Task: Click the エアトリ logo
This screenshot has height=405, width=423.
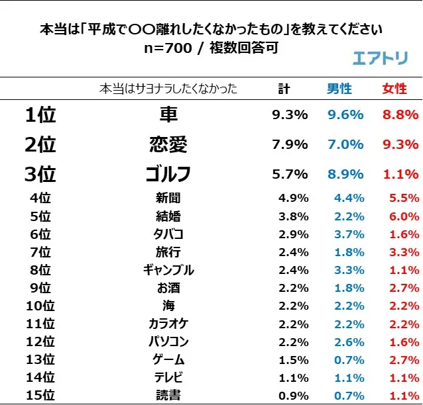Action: pyautogui.click(x=380, y=57)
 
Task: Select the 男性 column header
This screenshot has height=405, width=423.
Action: pyautogui.click(x=339, y=89)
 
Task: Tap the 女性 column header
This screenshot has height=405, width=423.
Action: pyautogui.click(x=394, y=89)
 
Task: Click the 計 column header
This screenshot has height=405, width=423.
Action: pyautogui.click(x=284, y=89)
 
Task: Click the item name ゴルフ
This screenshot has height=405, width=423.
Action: pyautogui.click(x=168, y=174)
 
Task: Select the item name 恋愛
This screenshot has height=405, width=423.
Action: pyautogui.click(x=168, y=144)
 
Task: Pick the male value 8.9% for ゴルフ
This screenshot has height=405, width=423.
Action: pyautogui.click(x=345, y=174)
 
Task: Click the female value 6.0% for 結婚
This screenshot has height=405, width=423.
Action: pyautogui.click(x=403, y=216)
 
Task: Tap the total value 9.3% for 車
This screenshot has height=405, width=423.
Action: pyautogui.click(x=290, y=114)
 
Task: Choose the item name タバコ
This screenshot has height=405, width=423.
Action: pyautogui.click(x=168, y=234)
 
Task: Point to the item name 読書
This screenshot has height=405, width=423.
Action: pyautogui.click(x=168, y=396)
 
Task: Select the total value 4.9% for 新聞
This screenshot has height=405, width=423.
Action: pyautogui.click(x=293, y=197)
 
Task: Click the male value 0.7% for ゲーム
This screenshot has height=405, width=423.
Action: pyautogui.click(x=349, y=359)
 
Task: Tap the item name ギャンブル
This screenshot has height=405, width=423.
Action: pyautogui.click(x=168, y=269)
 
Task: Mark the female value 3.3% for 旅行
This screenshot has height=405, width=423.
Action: pyautogui.click(x=403, y=251)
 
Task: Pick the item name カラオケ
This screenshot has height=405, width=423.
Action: pyautogui.click(x=168, y=324)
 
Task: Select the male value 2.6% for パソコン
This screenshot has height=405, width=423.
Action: pyautogui.click(x=349, y=341)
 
